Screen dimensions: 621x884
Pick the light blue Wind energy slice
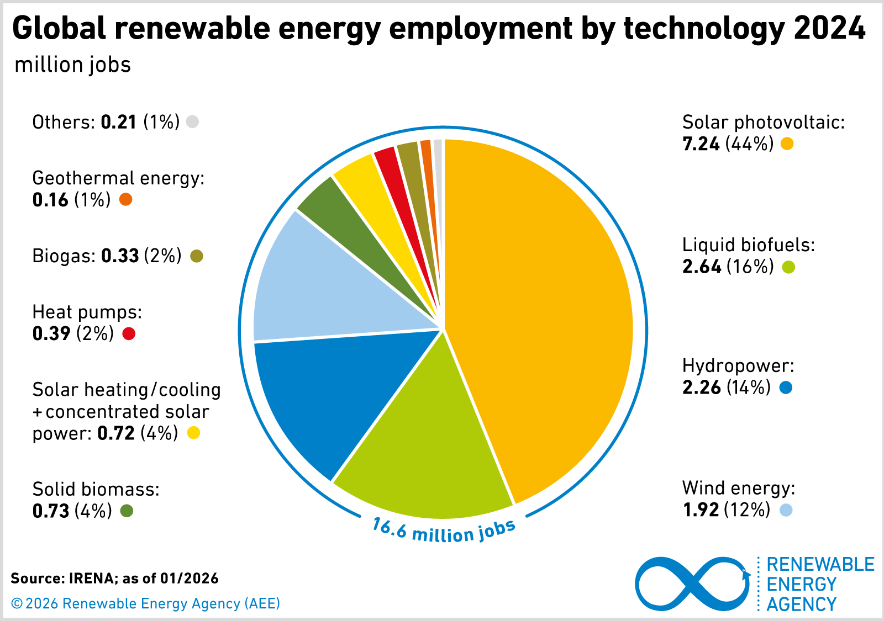320,287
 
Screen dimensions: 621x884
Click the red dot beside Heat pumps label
129,333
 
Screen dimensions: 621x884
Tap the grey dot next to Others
192,121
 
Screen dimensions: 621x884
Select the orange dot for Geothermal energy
126,199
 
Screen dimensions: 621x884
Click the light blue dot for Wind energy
786,509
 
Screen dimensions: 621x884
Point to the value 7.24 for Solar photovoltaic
701,144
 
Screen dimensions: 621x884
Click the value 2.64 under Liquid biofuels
702,267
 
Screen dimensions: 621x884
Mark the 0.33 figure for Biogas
120,256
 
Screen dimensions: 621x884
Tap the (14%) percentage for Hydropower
749,388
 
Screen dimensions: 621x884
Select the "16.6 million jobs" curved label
444,531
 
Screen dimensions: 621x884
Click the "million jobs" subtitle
73,65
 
